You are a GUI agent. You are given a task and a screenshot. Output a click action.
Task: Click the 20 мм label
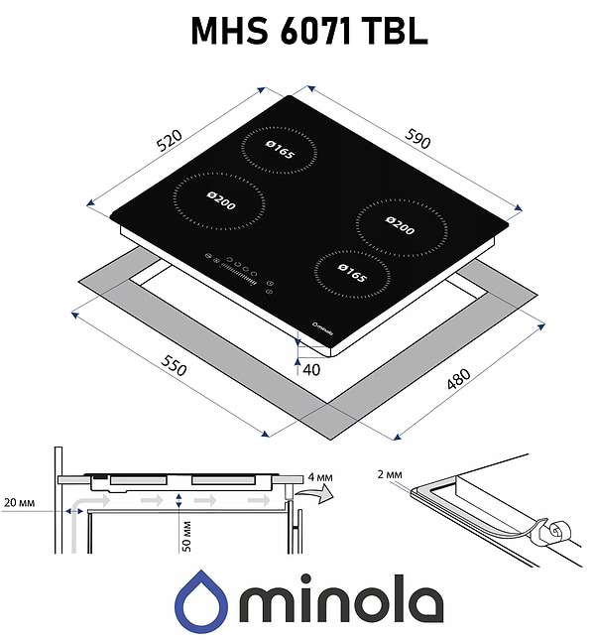click(20, 504)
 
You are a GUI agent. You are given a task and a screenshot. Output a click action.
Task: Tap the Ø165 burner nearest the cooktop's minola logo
click(345, 272)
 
